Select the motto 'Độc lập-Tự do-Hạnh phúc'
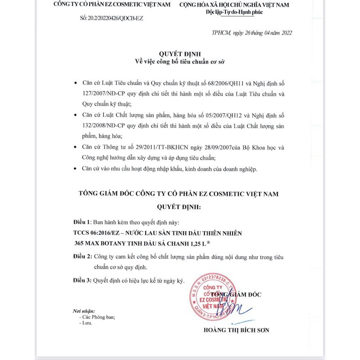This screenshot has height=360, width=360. pyautogui.click(x=232, y=12)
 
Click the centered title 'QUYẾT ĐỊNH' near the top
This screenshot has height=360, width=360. pyautogui.click(x=180, y=54)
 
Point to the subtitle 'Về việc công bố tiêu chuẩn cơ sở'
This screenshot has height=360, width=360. pyautogui.click(x=180, y=61)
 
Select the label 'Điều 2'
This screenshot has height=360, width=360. pyautogui.click(x=82, y=256)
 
